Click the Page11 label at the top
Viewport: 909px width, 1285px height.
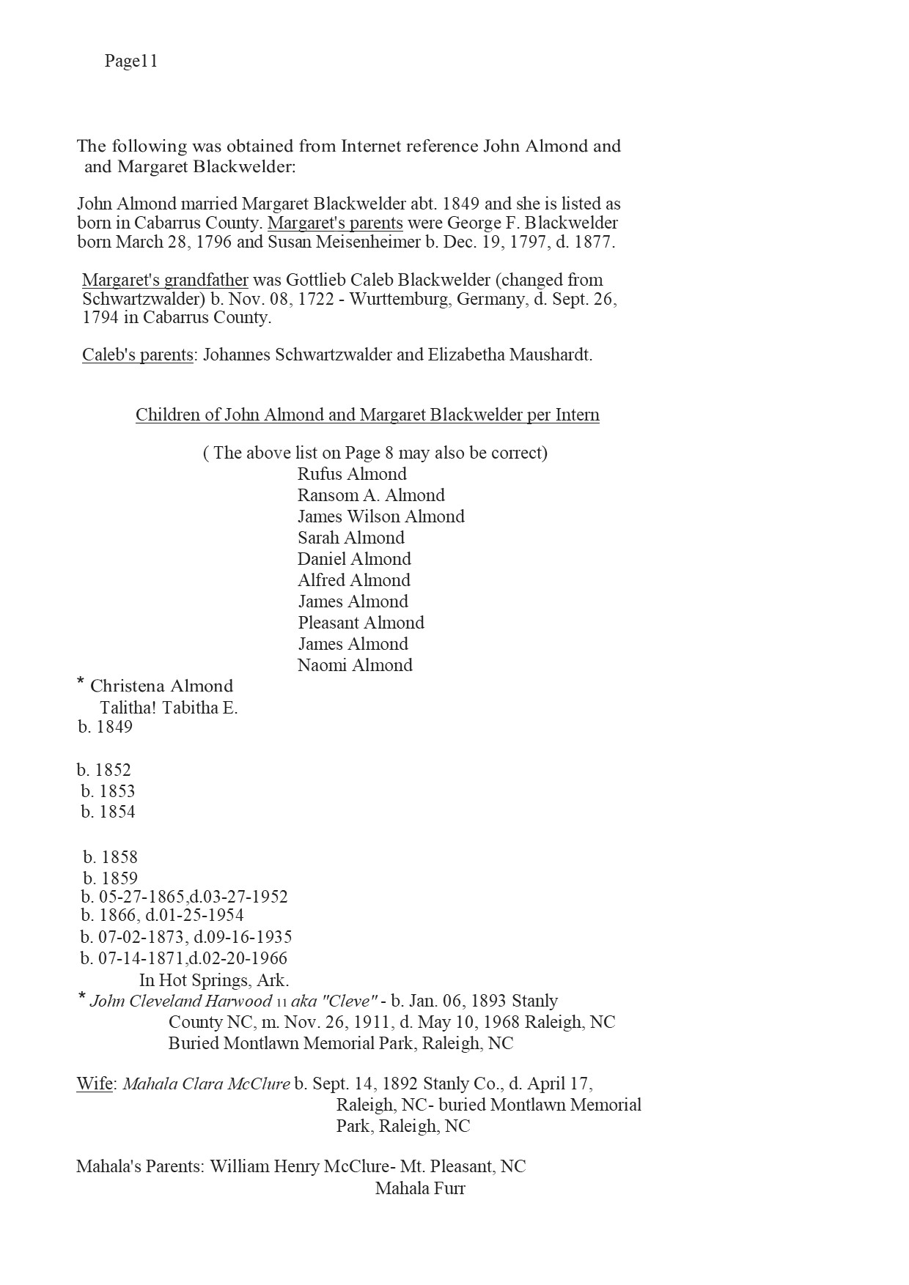click(x=131, y=61)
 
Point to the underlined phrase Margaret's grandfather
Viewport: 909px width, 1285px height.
click(x=165, y=280)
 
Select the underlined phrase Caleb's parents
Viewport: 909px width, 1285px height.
click(x=137, y=355)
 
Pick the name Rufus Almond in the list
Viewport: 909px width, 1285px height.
click(x=352, y=474)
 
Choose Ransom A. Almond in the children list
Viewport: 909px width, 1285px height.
click(x=371, y=495)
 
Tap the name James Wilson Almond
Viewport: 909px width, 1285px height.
click(x=380, y=516)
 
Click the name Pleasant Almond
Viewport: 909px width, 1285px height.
click(x=361, y=623)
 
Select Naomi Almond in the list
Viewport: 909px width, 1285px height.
click(x=355, y=665)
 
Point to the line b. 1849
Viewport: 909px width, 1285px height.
click(x=106, y=727)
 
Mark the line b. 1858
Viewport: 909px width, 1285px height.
click(x=110, y=857)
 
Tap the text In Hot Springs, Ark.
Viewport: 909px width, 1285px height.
click(x=214, y=980)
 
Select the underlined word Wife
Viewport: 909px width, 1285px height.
click(x=94, y=1084)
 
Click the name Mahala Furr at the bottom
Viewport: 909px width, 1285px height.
click(x=420, y=1188)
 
